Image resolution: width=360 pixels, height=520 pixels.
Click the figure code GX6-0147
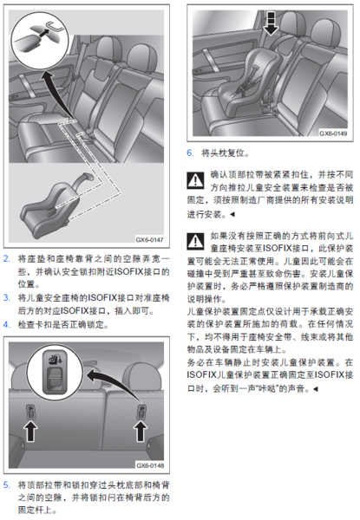[150, 239]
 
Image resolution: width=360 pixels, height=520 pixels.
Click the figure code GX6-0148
[150, 465]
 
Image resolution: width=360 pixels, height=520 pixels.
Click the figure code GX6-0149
[333, 133]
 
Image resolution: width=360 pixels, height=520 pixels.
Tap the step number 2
[7, 258]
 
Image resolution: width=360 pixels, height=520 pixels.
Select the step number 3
[7, 297]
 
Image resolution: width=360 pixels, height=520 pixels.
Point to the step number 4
[7, 324]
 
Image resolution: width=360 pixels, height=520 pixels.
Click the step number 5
[7, 484]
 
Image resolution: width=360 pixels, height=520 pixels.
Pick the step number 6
[190, 153]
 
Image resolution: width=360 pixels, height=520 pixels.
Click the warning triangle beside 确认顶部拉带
[195, 180]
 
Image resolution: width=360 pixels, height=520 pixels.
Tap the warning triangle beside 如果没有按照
[195, 241]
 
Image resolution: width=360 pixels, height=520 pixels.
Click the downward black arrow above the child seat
[271, 23]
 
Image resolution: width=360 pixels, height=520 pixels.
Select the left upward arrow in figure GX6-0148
[30, 431]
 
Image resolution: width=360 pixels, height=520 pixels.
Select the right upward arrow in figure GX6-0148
[141, 431]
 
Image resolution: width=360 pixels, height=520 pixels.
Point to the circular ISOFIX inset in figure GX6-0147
[40, 41]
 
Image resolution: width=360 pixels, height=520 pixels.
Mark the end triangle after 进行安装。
[232, 214]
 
